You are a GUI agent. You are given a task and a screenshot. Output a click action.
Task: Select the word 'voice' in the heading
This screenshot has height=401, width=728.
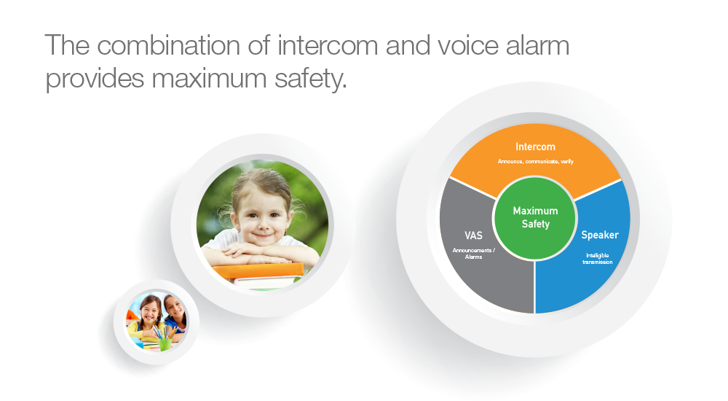tap(467, 46)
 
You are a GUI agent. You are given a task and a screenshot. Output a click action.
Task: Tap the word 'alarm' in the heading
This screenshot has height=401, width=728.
tap(537, 46)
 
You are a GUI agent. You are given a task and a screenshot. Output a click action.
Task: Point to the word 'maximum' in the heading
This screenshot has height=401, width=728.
tap(209, 78)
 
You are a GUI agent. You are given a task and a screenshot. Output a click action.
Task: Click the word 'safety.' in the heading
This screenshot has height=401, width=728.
tap(311, 78)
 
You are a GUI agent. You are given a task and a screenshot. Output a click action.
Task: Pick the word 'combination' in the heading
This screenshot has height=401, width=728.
tap(169, 46)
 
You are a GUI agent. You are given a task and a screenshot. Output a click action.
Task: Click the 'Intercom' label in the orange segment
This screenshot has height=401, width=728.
tap(535, 147)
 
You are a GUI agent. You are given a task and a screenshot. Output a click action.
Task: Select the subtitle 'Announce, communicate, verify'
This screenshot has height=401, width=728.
tap(535, 161)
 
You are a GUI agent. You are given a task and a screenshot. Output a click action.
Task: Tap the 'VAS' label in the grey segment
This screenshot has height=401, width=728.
tap(474, 235)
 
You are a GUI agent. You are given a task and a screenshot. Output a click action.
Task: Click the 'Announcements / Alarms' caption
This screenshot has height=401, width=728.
tap(474, 254)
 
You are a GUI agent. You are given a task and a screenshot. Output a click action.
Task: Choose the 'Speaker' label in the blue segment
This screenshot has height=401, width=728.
tap(600, 235)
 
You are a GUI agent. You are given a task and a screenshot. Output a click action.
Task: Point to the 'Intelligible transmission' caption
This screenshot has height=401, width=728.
tap(598, 259)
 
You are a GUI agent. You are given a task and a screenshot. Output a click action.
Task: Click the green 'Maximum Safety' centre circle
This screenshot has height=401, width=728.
tap(535, 218)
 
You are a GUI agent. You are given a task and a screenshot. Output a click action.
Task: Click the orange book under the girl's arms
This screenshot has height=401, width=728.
tap(258, 270)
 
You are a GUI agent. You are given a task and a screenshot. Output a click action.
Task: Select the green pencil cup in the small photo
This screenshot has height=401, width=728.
tap(165, 343)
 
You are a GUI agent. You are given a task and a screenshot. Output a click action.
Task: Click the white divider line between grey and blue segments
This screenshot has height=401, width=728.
tap(535, 287)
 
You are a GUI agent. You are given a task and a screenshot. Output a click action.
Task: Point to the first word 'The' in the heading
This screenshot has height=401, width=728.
tap(67, 46)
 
